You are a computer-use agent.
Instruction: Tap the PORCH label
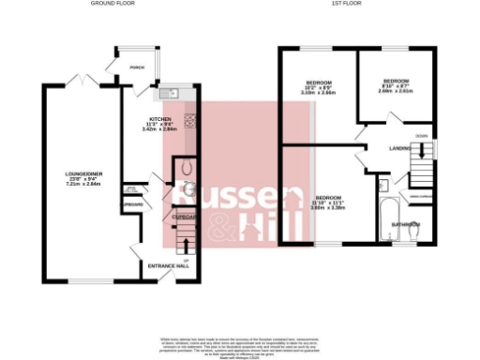tap(138, 67)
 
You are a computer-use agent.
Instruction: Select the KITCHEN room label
tap(160, 120)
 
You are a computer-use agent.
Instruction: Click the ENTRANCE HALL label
tap(169, 265)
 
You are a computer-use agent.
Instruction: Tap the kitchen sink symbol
tap(172, 93)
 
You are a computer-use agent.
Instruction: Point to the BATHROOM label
tap(405, 225)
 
